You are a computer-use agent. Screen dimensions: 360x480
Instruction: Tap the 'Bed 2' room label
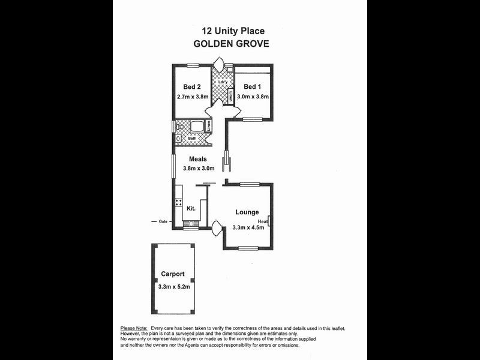pos(192,86)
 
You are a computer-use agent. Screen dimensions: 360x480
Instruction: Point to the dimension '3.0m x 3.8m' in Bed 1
pos(253,96)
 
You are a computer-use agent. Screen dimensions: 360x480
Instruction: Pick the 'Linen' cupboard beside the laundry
pos(230,96)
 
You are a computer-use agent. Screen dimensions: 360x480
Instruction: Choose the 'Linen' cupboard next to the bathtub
pos(208,126)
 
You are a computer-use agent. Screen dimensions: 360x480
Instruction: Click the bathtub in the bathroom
pos(196,127)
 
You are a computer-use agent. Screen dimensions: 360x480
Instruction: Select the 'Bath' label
pos(192,139)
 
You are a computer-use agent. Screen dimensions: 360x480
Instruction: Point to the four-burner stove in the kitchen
pos(178,203)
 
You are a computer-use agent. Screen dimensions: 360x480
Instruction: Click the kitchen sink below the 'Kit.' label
pos(191,224)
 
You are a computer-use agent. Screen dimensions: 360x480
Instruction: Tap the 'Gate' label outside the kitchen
pos(163,221)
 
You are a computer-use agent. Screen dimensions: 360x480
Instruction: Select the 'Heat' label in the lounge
pos(263,221)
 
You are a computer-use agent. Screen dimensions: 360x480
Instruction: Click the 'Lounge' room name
pos(247,212)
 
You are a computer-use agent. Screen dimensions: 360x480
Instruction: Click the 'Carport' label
pos(172,274)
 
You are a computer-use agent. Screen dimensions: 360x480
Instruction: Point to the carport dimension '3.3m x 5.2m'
pos(174,286)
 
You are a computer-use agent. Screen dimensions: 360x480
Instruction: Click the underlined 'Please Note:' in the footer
pos(134,328)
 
